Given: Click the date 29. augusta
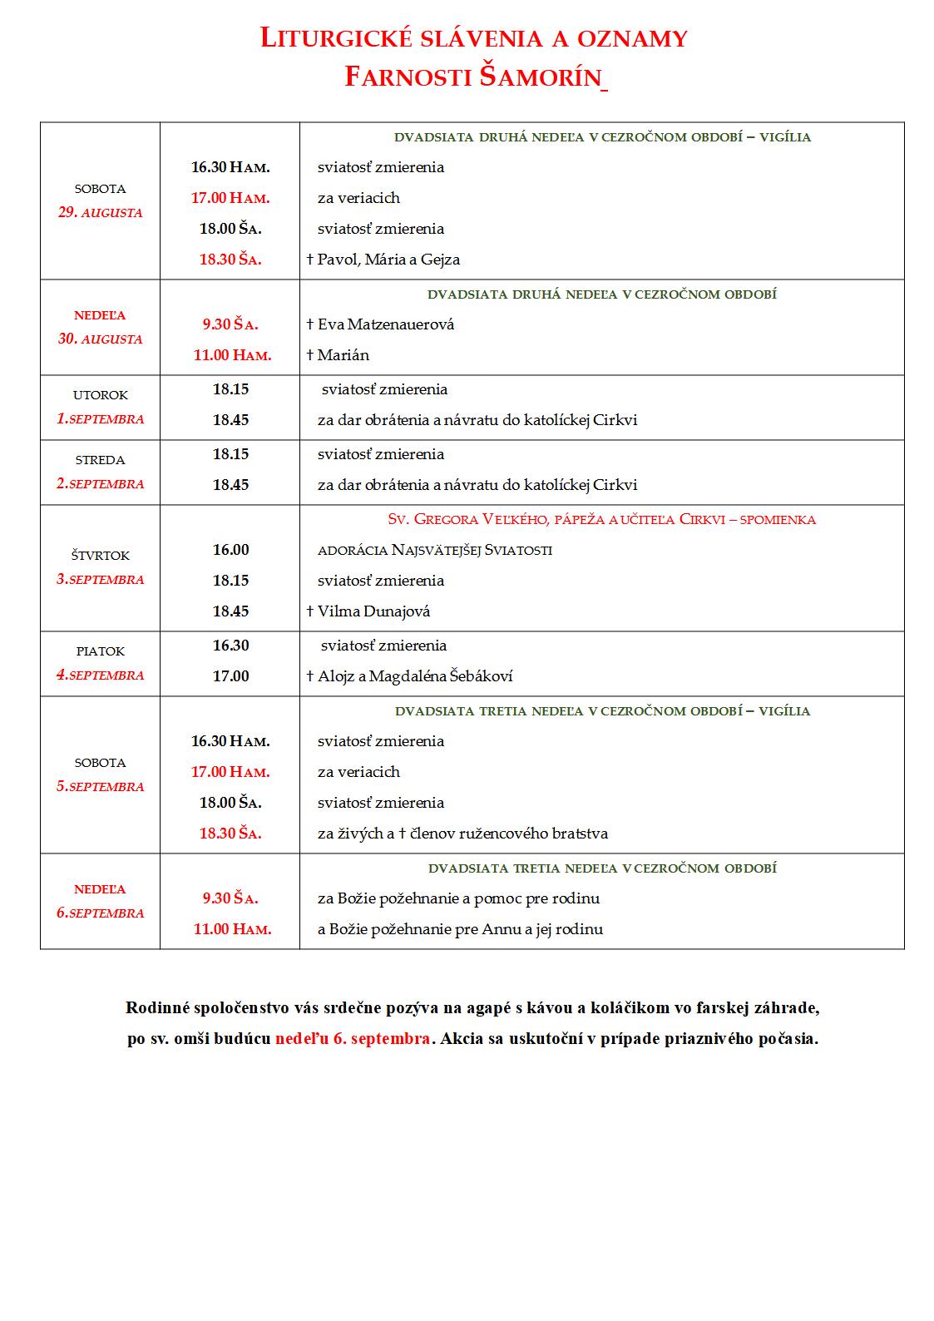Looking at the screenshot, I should click(100, 212).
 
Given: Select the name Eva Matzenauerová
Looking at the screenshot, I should click(386, 324).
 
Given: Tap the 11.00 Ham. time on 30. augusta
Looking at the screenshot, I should click(232, 355).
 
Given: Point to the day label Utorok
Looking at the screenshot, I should click(100, 395).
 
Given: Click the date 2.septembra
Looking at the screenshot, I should click(100, 484).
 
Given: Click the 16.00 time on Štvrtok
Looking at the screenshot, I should click(230, 550).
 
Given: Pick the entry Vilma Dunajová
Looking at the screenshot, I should click(373, 611).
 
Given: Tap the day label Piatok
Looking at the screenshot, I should click(100, 651).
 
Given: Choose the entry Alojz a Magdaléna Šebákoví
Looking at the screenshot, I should click(415, 676).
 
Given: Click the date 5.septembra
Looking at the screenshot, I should click(100, 786).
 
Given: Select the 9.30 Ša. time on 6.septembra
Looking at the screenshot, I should click(230, 898).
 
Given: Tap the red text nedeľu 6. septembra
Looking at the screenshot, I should click(353, 1039).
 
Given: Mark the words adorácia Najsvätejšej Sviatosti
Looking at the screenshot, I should click(434, 550).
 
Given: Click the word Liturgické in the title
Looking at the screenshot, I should click(343, 38).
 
